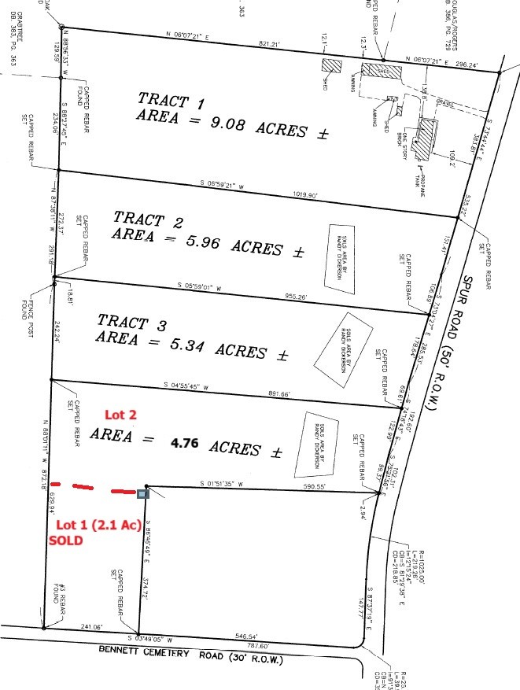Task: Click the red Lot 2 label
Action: point(121,415)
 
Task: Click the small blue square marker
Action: point(142,494)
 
